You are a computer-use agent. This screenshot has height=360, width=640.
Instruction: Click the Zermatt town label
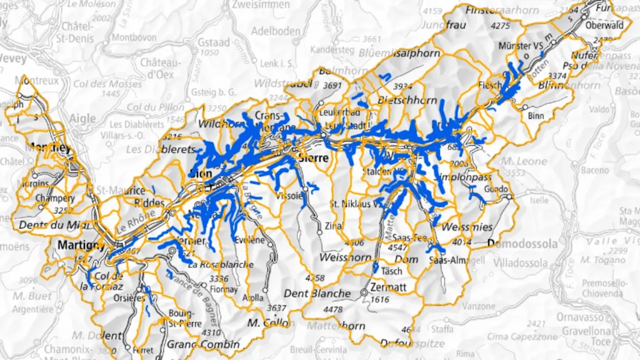pyautogui.click(x=389, y=287)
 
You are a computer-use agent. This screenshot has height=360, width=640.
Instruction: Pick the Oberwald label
pyautogui.click(x=604, y=26)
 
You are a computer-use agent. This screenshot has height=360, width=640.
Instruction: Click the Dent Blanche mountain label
pyautogui.click(x=317, y=293)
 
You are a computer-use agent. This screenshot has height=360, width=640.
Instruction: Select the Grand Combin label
pyautogui.click(x=203, y=344)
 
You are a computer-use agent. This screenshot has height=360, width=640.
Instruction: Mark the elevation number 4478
pyautogui.click(x=334, y=309)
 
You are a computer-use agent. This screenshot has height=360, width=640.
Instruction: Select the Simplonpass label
pyautogui.click(x=463, y=176)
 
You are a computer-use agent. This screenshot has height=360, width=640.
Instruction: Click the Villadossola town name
pyautogui.click(x=523, y=263)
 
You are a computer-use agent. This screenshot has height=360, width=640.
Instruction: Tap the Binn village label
pyautogui.click(x=536, y=116)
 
